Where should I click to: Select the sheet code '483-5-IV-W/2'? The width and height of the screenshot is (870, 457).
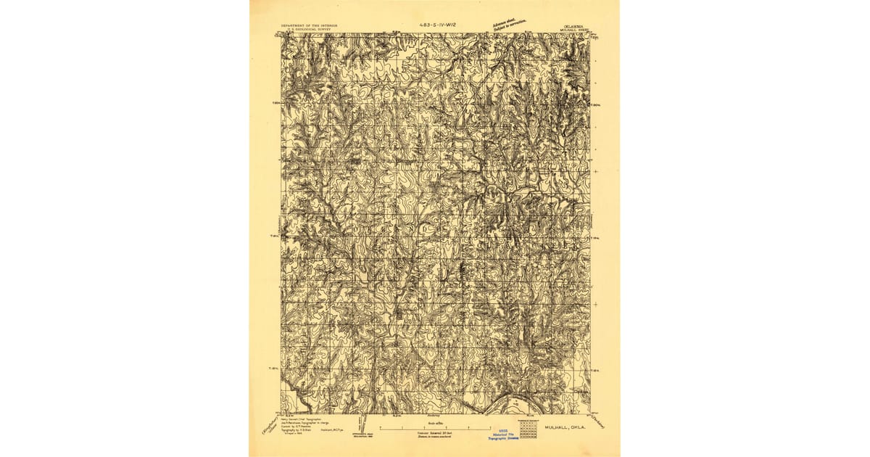click(x=442, y=25)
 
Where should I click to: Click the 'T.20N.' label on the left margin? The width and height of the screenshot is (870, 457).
click(x=275, y=103)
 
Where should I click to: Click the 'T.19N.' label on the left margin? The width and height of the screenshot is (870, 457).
click(x=275, y=236)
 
